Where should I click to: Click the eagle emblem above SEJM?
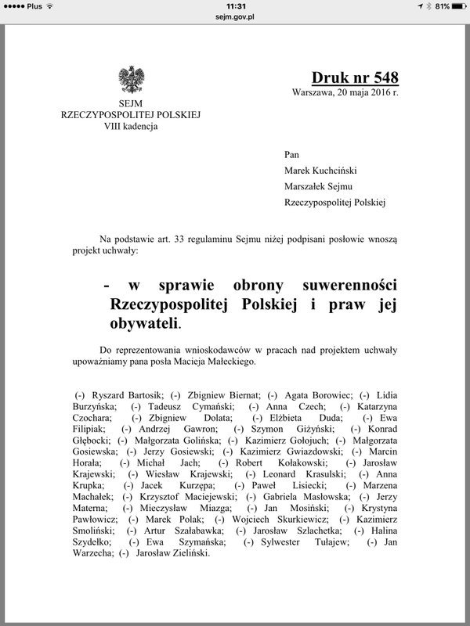(x=130, y=80)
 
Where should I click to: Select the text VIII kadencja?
(x=130, y=126)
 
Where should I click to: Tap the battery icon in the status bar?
(x=453, y=5)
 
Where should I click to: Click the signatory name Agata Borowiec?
(x=313, y=395)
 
